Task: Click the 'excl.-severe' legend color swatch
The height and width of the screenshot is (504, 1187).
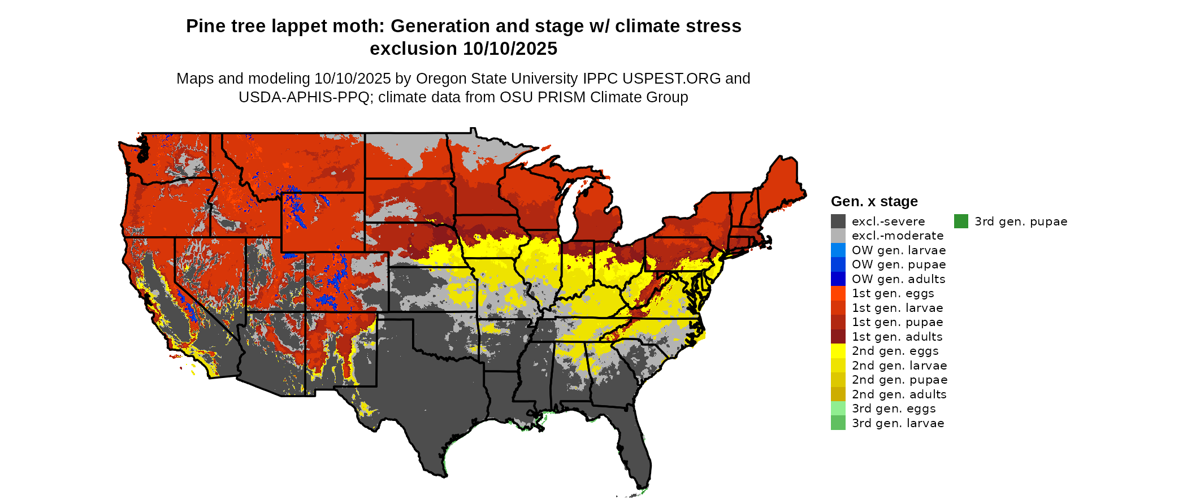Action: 838,221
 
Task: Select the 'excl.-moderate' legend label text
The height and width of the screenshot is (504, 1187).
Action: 898,236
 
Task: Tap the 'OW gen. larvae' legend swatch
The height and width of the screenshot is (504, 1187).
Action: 838,250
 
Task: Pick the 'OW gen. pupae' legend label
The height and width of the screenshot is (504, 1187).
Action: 899,264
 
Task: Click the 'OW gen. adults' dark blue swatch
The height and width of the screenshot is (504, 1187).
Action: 838,279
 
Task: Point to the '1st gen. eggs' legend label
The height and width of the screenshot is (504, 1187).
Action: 893,293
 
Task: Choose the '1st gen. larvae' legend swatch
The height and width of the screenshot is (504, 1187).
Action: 838,308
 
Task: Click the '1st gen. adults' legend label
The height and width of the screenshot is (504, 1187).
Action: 897,337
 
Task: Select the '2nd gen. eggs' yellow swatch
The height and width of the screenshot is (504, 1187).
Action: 838,351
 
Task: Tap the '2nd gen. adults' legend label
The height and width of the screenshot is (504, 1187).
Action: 899,394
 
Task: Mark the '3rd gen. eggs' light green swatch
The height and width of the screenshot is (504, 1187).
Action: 838,409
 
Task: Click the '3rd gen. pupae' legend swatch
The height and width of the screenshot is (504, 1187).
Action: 961,221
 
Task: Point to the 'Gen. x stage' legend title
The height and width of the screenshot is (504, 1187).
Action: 874,202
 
